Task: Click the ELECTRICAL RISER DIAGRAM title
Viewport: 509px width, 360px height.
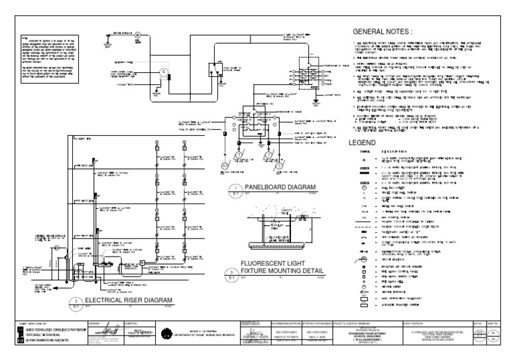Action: pos(125,300)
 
